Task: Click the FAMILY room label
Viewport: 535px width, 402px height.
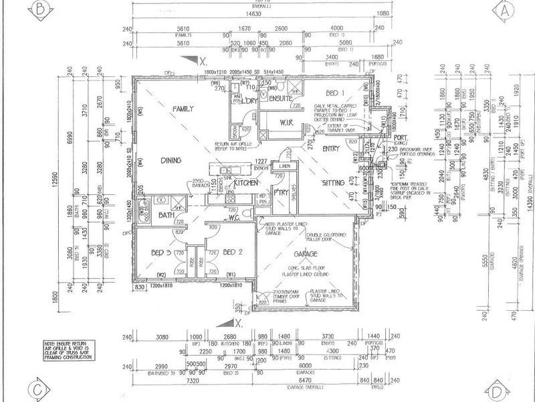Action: point(183,109)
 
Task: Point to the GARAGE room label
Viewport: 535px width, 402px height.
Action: point(304,255)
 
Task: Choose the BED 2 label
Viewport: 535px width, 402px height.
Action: point(232,253)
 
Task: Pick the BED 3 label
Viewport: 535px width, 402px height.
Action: point(163,253)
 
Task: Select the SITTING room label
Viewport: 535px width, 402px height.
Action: point(333,182)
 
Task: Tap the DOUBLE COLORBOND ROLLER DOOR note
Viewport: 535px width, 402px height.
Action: point(327,236)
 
